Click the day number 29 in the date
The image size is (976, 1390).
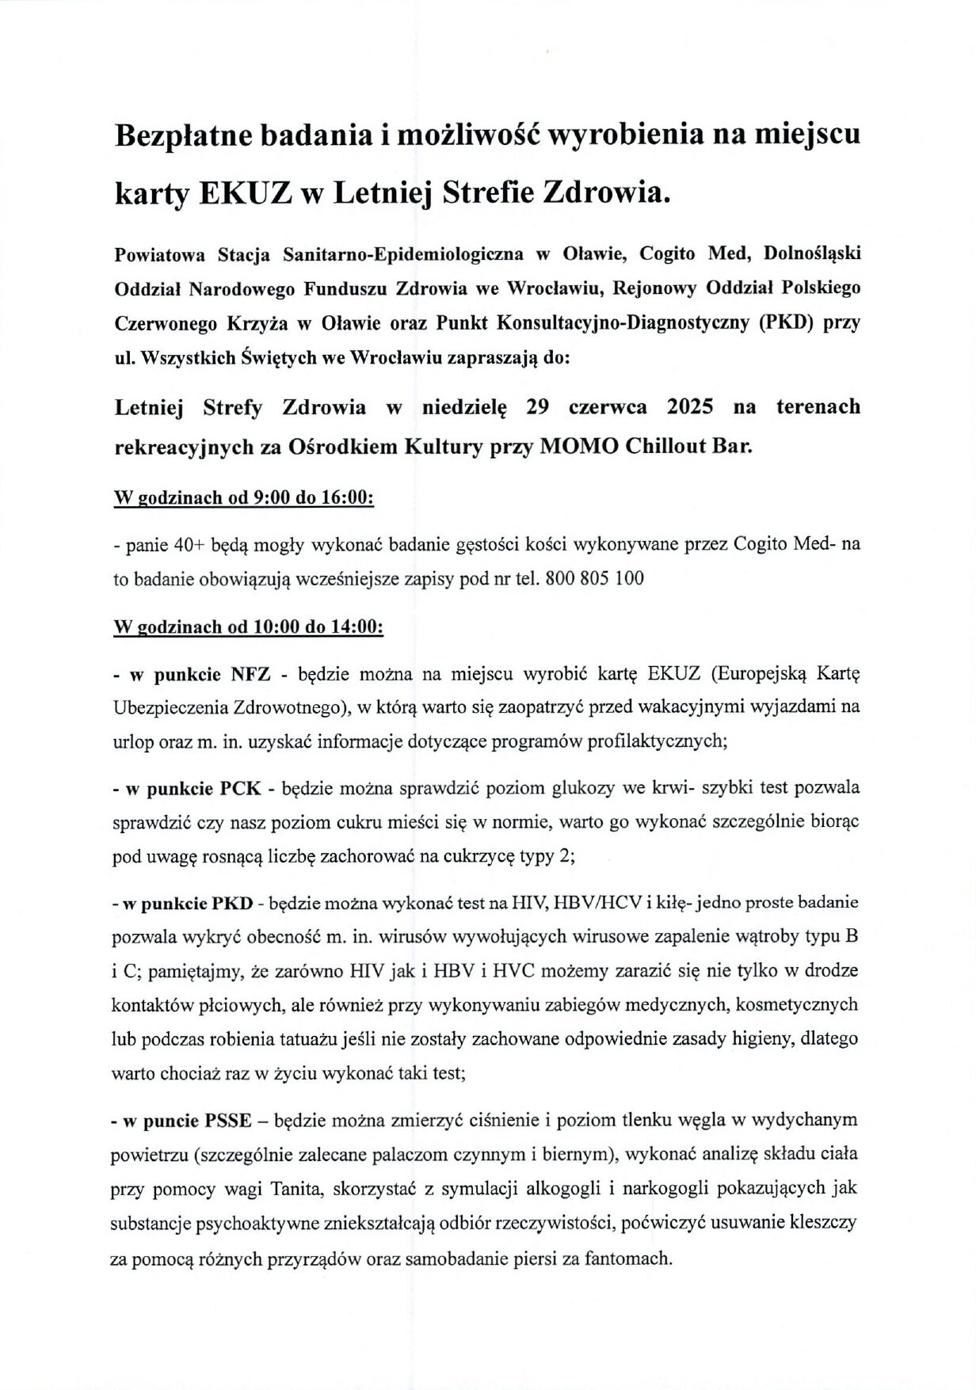point(537,407)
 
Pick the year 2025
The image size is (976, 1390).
point(689,407)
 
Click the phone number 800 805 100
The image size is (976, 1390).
point(595,579)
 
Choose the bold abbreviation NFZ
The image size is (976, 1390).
point(250,675)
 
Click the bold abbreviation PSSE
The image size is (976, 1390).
point(228,1121)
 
